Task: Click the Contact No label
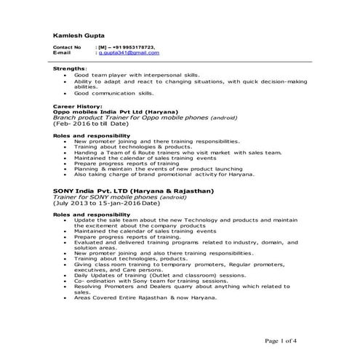[67, 47]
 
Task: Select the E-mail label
[63, 53]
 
